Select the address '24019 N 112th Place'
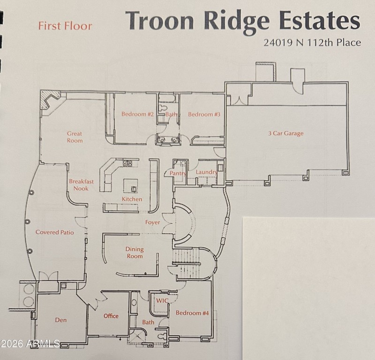tap(312, 43)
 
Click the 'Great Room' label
tap(75, 137)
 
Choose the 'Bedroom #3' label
tap(204, 114)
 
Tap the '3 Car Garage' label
tap(285, 133)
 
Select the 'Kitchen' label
tap(132, 199)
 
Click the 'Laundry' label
tap(206, 172)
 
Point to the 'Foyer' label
tap(152, 222)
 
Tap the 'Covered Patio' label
tap(55, 232)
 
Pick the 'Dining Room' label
tap(135, 253)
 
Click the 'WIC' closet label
tap(162, 301)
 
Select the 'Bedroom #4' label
tap(192, 313)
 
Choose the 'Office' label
tap(111, 316)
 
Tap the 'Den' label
tap(61, 320)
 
